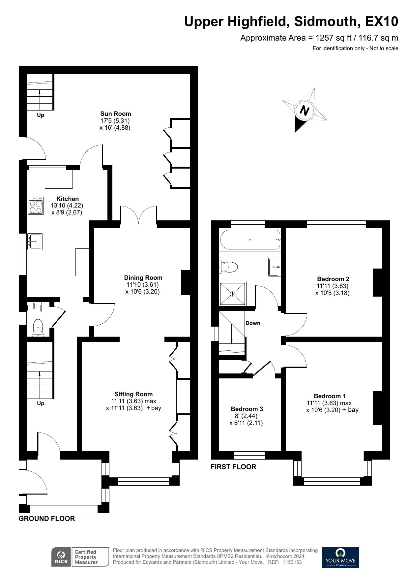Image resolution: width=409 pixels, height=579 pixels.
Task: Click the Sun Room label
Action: pyautogui.click(x=116, y=114)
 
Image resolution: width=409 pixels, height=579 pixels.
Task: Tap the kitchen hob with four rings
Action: pyautogui.click(x=36, y=206)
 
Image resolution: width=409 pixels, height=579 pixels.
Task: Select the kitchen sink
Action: pyautogui.click(x=35, y=241)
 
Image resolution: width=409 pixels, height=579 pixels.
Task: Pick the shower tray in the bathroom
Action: pyautogui.click(x=233, y=294)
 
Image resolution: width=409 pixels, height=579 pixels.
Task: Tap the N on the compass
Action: pyautogui.click(x=305, y=111)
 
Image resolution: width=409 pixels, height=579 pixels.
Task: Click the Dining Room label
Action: pyautogui.click(x=143, y=278)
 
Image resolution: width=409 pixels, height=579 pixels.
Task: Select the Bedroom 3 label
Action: pyautogui.click(x=247, y=409)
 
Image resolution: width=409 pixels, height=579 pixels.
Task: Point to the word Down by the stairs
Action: pyautogui.click(x=253, y=323)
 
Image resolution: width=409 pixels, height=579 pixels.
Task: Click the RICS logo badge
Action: pyautogui.click(x=61, y=557)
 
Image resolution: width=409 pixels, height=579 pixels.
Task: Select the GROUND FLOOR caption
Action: pyautogui.click(x=47, y=519)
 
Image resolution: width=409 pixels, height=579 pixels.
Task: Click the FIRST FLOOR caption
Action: pyautogui.click(x=233, y=467)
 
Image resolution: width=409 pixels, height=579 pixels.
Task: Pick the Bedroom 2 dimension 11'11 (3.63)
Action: pyautogui.click(x=332, y=286)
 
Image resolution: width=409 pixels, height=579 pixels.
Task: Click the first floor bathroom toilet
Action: pyautogui.click(x=229, y=267)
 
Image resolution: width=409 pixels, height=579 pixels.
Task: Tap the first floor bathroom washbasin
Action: pyautogui.click(x=275, y=267)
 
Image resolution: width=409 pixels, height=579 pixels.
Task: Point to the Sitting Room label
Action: pyautogui.click(x=133, y=394)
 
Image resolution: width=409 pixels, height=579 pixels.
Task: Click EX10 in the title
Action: pyautogui.click(x=381, y=22)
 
